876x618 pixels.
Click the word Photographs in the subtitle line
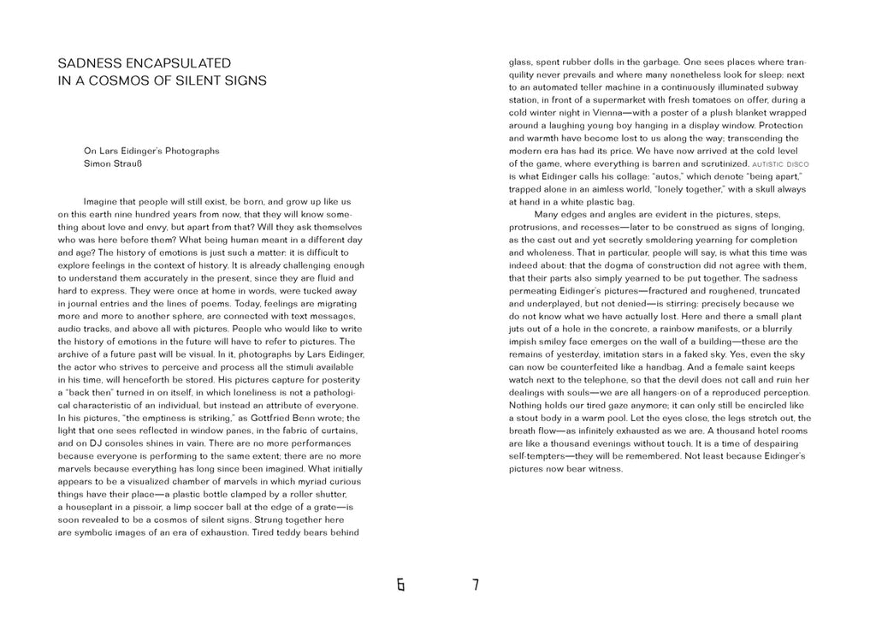coord(192,151)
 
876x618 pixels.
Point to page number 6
coord(400,585)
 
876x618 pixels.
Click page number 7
coord(476,585)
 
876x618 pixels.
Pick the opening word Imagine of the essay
coord(103,201)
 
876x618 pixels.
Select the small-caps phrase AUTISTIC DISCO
coord(780,163)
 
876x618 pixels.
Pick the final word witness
coord(604,469)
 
